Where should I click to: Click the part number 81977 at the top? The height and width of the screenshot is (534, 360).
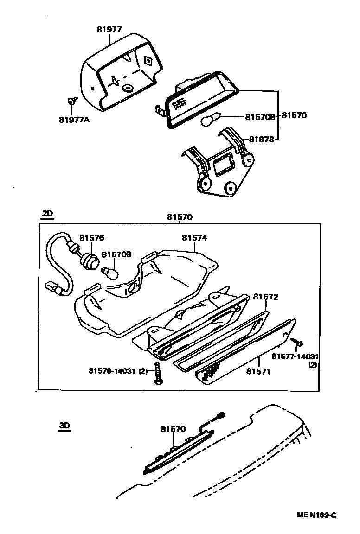click(109, 29)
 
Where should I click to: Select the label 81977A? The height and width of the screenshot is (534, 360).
click(74, 120)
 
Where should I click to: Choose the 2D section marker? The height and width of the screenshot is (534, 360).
click(48, 214)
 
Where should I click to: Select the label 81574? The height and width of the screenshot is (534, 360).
click(194, 238)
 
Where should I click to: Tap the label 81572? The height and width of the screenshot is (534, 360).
click(265, 297)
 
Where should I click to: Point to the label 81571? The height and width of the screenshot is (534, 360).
click(259, 371)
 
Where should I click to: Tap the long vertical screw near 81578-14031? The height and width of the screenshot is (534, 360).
click(159, 373)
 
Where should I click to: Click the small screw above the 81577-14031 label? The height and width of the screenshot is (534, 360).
click(297, 343)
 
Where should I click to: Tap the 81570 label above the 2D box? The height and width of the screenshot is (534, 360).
click(180, 216)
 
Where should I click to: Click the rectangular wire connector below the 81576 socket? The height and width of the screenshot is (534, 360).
click(52, 288)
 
